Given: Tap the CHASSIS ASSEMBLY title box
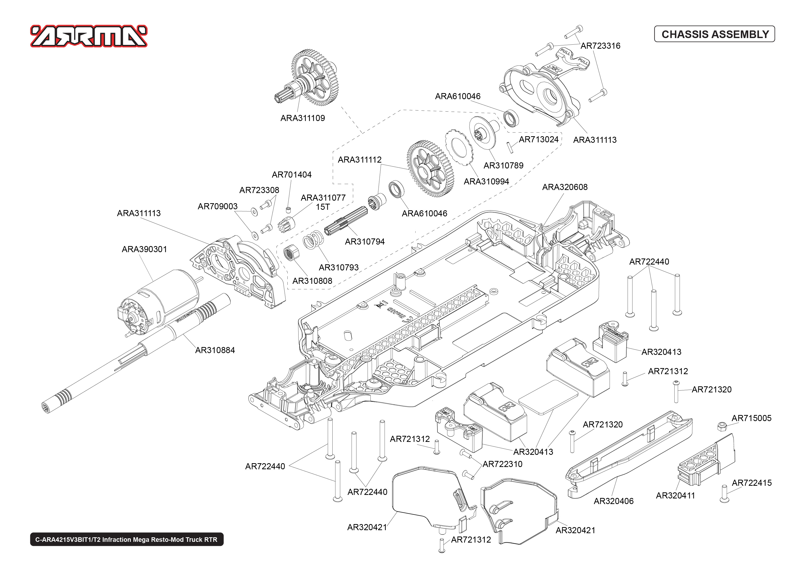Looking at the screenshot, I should pyautogui.click(x=714, y=34).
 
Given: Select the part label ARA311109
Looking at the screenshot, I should pyautogui.click(x=303, y=118).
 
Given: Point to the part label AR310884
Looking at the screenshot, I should pyautogui.click(x=215, y=350).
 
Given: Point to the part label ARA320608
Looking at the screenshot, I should pyautogui.click(x=565, y=187).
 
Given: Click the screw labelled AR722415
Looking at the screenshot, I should pyautogui.click(x=724, y=493).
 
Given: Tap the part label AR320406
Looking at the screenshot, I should pyautogui.click(x=614, y=501).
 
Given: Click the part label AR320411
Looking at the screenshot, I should pyautogui.click(x=675, y=495).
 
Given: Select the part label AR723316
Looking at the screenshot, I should pyautogui.click(x=600, y=46).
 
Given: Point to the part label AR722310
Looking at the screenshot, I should pyautogui.click(x=502, y=464).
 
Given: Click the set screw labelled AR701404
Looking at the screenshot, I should pyautogui.click(x=288, y=210).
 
